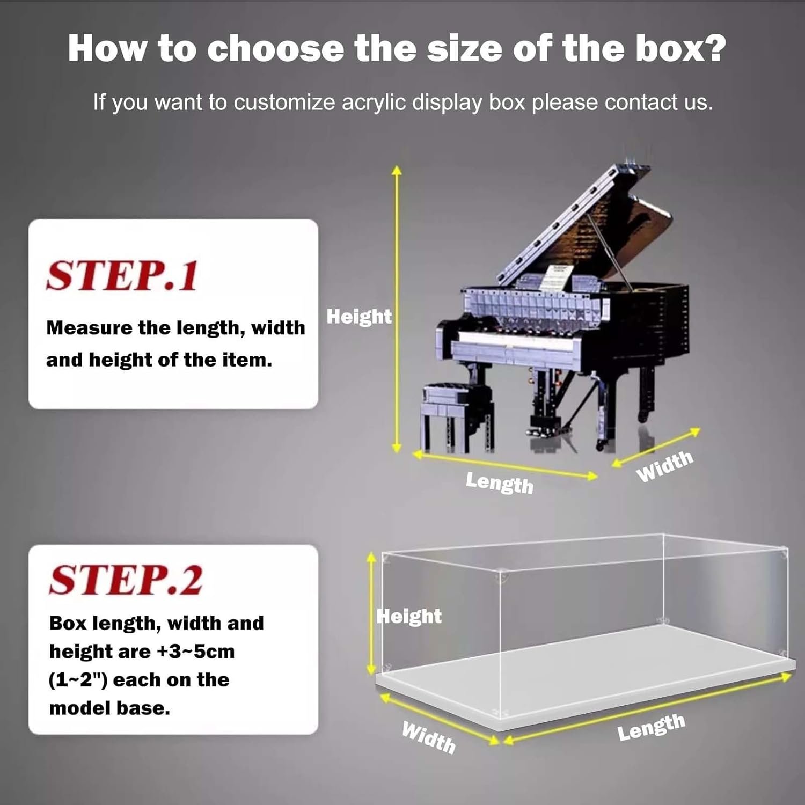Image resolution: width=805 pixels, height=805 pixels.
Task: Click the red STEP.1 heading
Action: pyautogui.click(x=122, y=276)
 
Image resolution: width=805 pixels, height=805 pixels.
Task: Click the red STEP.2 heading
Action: pyautogui.click(x=126, y=580)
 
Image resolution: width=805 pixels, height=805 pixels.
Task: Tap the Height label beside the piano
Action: pyautogui.click(x=359, y=317)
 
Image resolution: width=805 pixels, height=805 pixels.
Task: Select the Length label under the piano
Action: pyautogui.click(x=499, y=482)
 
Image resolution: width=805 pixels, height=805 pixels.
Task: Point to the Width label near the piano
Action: pyautogui.click(x=664, y=466)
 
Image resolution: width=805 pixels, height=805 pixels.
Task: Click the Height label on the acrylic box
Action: pyautogui.click(x=409, y=616)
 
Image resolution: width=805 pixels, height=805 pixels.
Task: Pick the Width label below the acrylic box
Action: pyautogui.click(x=429, y=737)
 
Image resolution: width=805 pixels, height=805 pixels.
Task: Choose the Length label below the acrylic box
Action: pyautogui.click(x=651, y=727)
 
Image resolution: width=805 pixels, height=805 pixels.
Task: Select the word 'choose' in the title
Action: pyautogui.click(x=275, y=48)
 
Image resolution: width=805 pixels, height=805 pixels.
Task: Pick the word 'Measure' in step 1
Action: pyautogui.click(x=89, y=327)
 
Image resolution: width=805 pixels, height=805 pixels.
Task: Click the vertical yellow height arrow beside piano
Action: pyautogui.click(x=397, y=309)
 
